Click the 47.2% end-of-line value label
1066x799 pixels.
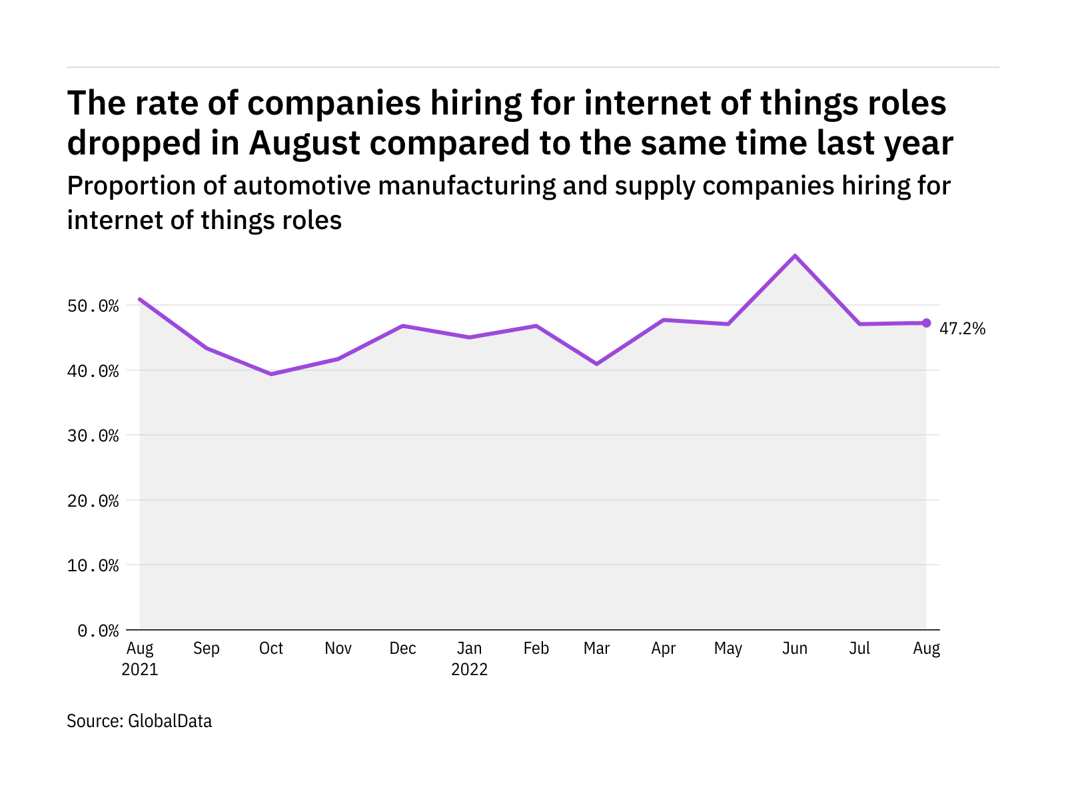point(962,328)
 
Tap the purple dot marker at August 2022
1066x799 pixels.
point(926,323)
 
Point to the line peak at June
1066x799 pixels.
point(795,256)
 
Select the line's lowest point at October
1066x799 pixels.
point(271,374)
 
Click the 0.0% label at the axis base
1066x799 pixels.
point(98,631)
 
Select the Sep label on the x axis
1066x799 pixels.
point(206,649)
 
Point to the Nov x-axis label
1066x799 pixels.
point(338,649)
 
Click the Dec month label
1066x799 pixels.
point(403,649)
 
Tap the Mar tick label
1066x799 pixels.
point(596,649)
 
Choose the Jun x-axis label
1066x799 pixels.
point(795,649)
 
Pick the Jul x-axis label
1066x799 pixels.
point(859,649)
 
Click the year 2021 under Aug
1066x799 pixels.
point(140,669)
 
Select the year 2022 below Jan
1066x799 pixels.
point(470,669)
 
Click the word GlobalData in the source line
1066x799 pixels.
point(170,721)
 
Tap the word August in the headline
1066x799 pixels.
point(304,143)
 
